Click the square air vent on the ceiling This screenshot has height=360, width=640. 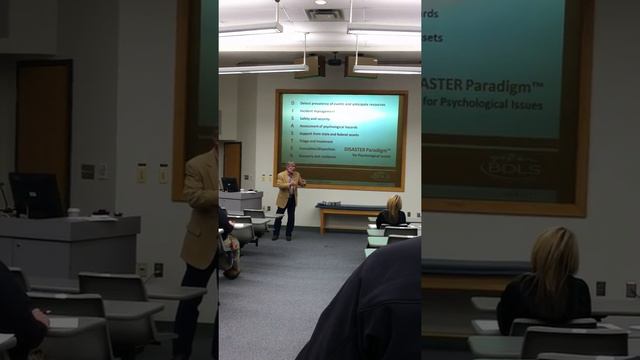(323, 14)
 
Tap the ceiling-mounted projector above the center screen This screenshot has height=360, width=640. (334, 62)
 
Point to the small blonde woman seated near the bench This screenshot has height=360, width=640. (391, 213)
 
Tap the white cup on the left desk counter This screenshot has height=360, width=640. (73, 212)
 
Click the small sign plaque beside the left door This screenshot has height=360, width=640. (88, 171)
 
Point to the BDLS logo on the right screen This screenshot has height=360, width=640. (510, 165)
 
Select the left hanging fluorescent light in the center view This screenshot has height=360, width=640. (264, 69)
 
